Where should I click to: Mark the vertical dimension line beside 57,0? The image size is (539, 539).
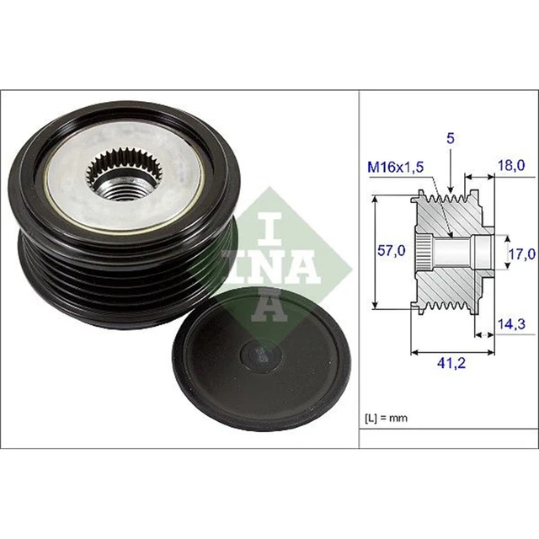[374, 253]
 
